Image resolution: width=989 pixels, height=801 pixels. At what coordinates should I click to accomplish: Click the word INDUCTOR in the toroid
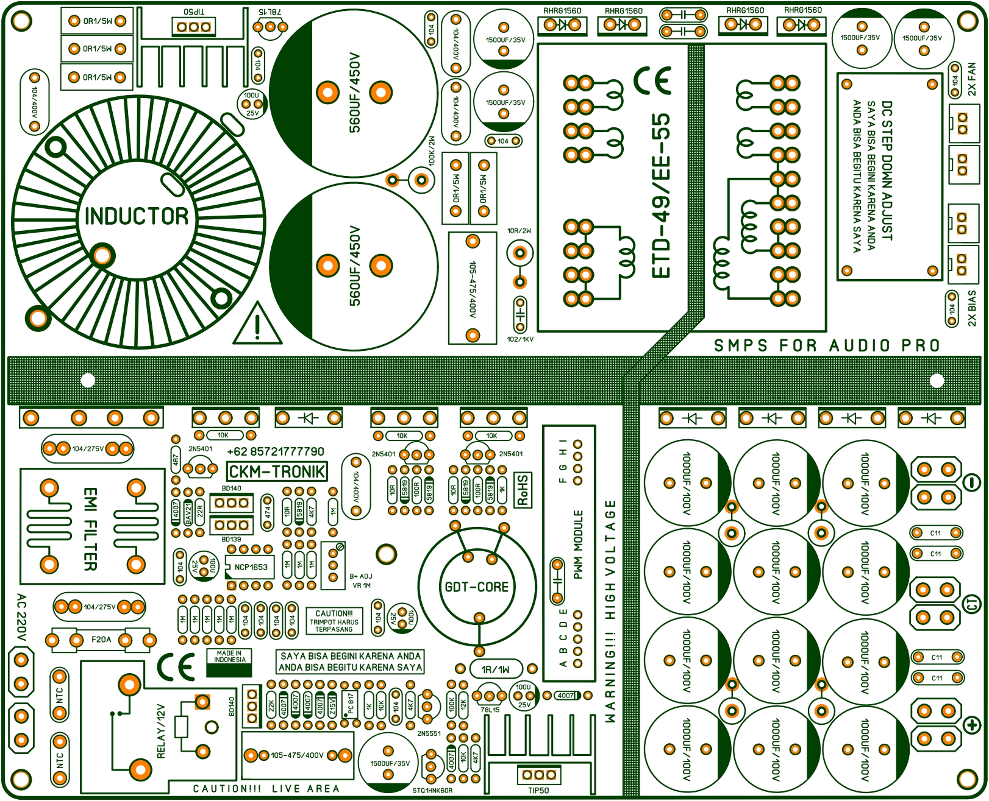[x=137, y=216]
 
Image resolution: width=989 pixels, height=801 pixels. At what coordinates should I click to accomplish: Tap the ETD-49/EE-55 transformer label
[x=660, y=195]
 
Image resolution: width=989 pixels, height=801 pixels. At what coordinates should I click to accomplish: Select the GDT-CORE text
[x=476, y=587]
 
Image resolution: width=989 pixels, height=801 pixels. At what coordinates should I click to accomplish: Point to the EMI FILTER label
[x=90, y=528]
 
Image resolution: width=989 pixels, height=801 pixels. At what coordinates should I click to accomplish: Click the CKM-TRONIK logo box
[x=277, y=471]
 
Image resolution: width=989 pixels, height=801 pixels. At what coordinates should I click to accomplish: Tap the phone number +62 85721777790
[x=276, y=452]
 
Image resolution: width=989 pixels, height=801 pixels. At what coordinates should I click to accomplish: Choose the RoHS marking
[x=523, y=490]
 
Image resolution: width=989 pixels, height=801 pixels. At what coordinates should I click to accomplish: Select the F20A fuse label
[x=101, y=640]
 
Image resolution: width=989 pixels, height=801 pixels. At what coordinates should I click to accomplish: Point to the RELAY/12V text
[x=161, y=731]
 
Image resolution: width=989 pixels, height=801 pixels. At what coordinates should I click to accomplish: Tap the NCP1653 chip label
[x=251, y=567]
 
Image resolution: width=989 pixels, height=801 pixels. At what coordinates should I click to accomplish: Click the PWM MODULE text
[x=578, y=544]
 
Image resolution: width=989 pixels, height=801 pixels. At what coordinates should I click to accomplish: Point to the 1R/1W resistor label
[x=496, y=669]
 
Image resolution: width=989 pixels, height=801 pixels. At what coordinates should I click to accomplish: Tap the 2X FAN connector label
[x=972, y=79]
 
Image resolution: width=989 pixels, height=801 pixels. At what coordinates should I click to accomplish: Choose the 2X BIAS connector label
[x=972, y=308]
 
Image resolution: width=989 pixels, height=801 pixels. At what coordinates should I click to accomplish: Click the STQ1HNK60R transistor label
[x=432, y=791]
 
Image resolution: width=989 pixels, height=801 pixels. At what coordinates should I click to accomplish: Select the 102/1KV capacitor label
[x=520, y=339]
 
